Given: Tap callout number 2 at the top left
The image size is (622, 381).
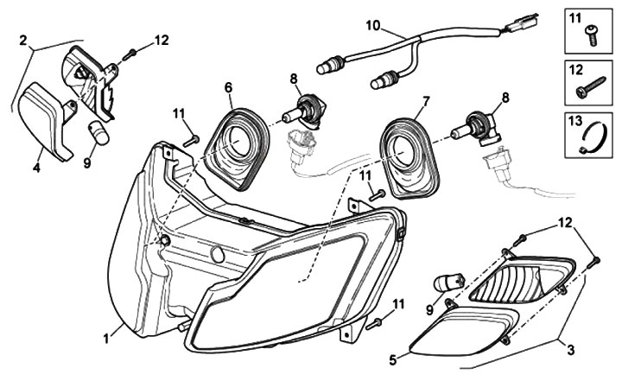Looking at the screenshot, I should [23, 39].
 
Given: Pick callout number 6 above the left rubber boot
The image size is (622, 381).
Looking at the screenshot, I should [229, 87].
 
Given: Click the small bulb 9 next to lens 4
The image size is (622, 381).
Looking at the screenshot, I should [97, 133].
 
